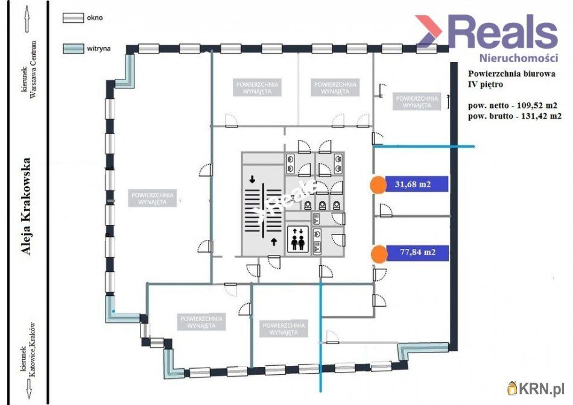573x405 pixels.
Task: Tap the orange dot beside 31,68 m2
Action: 378,185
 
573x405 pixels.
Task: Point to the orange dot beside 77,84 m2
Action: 378,254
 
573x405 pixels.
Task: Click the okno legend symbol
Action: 74,18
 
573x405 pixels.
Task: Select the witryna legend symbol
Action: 74,49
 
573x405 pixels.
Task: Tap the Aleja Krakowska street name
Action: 25,207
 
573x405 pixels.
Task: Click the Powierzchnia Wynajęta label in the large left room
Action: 153,198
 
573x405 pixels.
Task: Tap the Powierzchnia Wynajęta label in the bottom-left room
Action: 201,321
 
